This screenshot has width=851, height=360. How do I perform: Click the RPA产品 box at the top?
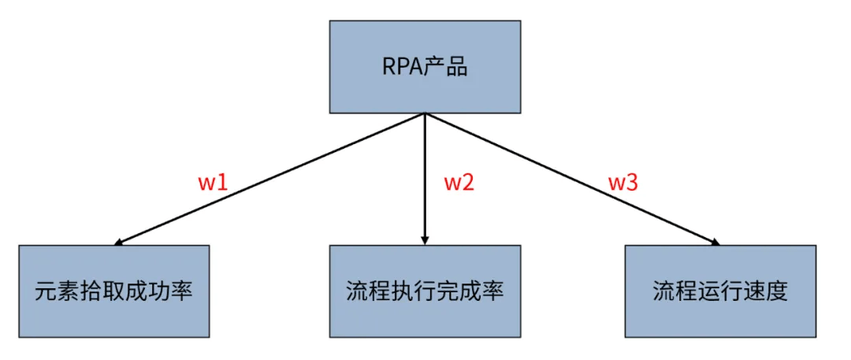(x=425, y=67)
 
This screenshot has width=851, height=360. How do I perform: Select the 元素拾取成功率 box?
(x=114, y=291)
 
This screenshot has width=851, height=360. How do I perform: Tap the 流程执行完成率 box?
(x=425, y=291)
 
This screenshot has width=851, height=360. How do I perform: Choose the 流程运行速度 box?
(x=719, y=291)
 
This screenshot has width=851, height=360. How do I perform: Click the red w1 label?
(x=213, y=183)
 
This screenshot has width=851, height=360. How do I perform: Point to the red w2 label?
(x=459, y=183)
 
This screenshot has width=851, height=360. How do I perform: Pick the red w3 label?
(x=622, y=183)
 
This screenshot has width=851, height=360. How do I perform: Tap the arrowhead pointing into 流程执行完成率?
(x=425, y=239)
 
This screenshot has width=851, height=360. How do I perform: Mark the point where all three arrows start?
(x=425, y=113)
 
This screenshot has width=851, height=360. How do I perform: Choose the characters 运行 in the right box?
(x=719, y=291)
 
